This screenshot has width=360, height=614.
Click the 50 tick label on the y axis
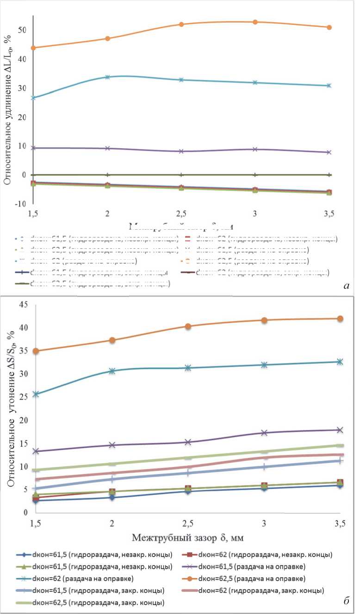[21, 30]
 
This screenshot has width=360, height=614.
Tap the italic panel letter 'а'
[346, 286]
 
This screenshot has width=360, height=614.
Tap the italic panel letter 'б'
[346, 602]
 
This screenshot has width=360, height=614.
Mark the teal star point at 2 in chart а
[107, 77]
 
